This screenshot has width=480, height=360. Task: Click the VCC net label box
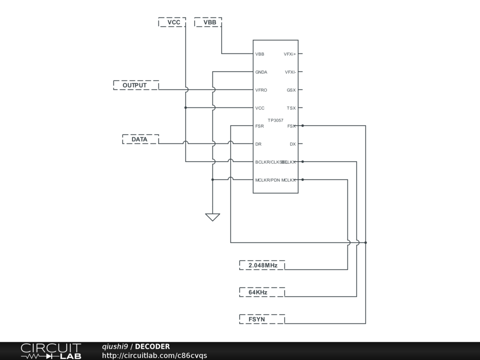pyautogui.click(x=172, y=22)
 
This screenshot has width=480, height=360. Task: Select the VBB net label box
pyautogui.click(x=208, y=22)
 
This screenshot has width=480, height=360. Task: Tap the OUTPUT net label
pyautogui.click(x=135, y=85)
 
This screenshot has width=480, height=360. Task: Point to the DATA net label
pyautogui.click(x=140, y=139)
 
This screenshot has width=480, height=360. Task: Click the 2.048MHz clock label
pyautogui.click(x=262, y=265)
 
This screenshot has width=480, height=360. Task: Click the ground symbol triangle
pyautogui.click(x=212, y=217)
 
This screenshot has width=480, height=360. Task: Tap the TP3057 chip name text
pyautogui.click(x=276, y=120)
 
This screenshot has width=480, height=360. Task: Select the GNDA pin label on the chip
pyautogui.click(x=261, y=72)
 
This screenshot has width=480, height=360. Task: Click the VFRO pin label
pyautogui.click(x=261, y=90)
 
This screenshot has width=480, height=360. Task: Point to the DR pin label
pyautogui.click(x=258, y=144)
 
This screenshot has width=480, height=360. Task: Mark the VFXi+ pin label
pyautogui.click(x=290, y=54)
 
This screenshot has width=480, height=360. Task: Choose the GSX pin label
pyautogui.click(x=291, y=90)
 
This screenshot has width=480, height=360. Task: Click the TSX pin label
pyautogui.click(x=291, y=108)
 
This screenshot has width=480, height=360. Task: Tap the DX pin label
pyautogui.click(x=292, y=144)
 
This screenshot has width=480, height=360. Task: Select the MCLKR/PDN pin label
pyautogui.click(x=268, y=180)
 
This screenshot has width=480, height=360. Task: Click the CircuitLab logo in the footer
pyautogui.click(x=51, y=351)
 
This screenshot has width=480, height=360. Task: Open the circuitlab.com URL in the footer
pyautogui.click(x=155, y=355)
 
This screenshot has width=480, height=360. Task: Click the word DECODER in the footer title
pyautogui.click(x=152, y=346)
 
